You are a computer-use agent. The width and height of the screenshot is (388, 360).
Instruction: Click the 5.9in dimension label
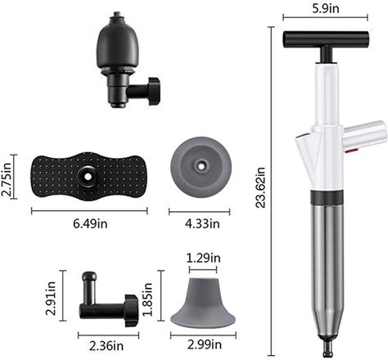coord(326,9)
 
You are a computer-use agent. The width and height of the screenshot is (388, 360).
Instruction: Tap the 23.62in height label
coord(260,187)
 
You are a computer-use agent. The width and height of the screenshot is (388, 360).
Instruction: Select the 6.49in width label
coord(90,224)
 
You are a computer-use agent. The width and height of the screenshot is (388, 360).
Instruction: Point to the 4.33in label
coord(202,224)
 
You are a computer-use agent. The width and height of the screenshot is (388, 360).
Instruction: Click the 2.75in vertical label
coord(7,179)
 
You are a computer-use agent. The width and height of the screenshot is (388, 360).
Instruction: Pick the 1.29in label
coord(204,258)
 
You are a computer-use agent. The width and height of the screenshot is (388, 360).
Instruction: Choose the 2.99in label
coord(205,345)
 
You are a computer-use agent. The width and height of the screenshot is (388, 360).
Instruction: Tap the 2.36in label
coord(106,346)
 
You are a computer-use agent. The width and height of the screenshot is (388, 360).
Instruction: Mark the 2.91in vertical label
coord(51,298)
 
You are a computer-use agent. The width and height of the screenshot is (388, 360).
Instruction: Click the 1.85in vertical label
coord(147,299)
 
